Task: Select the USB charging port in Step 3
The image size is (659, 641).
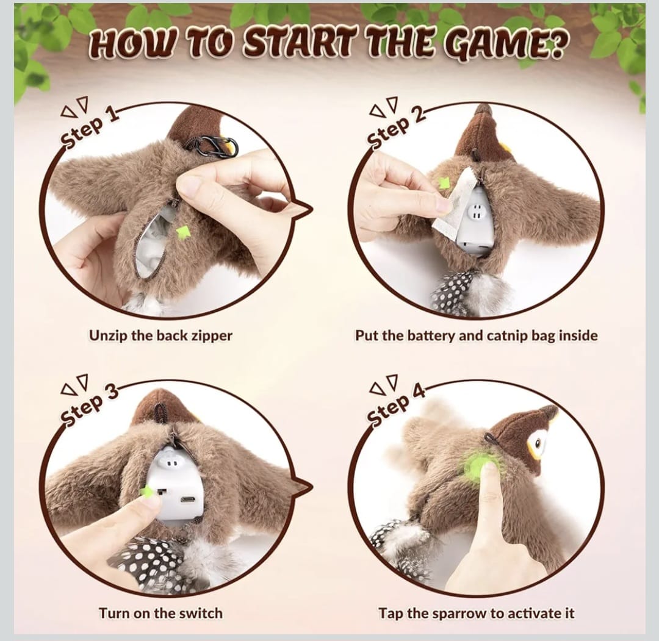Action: click(x=187, y=500)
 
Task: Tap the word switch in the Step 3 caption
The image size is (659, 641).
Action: click(x=200, y=614)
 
